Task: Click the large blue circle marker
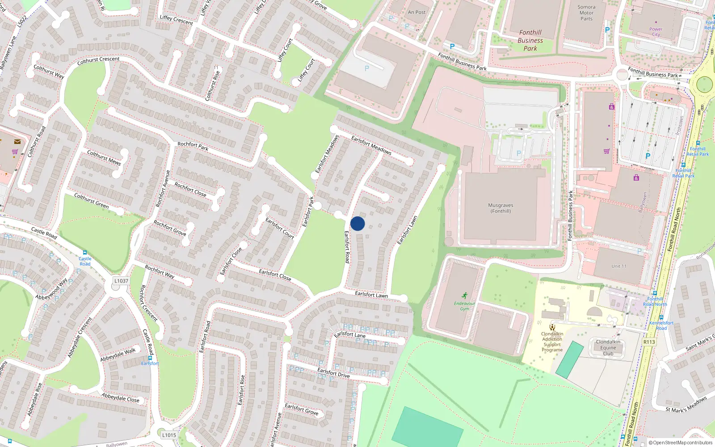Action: (357, 223)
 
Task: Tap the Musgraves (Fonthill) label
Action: (500, 208)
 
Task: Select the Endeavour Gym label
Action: (465, 306)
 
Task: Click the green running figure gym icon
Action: (465, 295)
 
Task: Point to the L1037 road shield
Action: (121, 281)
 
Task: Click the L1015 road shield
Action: (169, 435)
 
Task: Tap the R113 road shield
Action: (649, 342)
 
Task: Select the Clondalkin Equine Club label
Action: (608, 348)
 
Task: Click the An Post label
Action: (416, 13)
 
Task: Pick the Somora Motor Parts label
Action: (586, 13)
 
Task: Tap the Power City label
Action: (656, 32)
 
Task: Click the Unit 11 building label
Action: (619, 266)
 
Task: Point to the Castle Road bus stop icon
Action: (85, 253)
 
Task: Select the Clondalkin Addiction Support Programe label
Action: (552, 342)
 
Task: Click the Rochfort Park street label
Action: (193, 146)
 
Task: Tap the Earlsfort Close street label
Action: (275, 274)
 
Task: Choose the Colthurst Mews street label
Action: (104, 158)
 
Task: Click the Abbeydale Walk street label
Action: (118, 355)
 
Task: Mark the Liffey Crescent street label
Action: (177, 20)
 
